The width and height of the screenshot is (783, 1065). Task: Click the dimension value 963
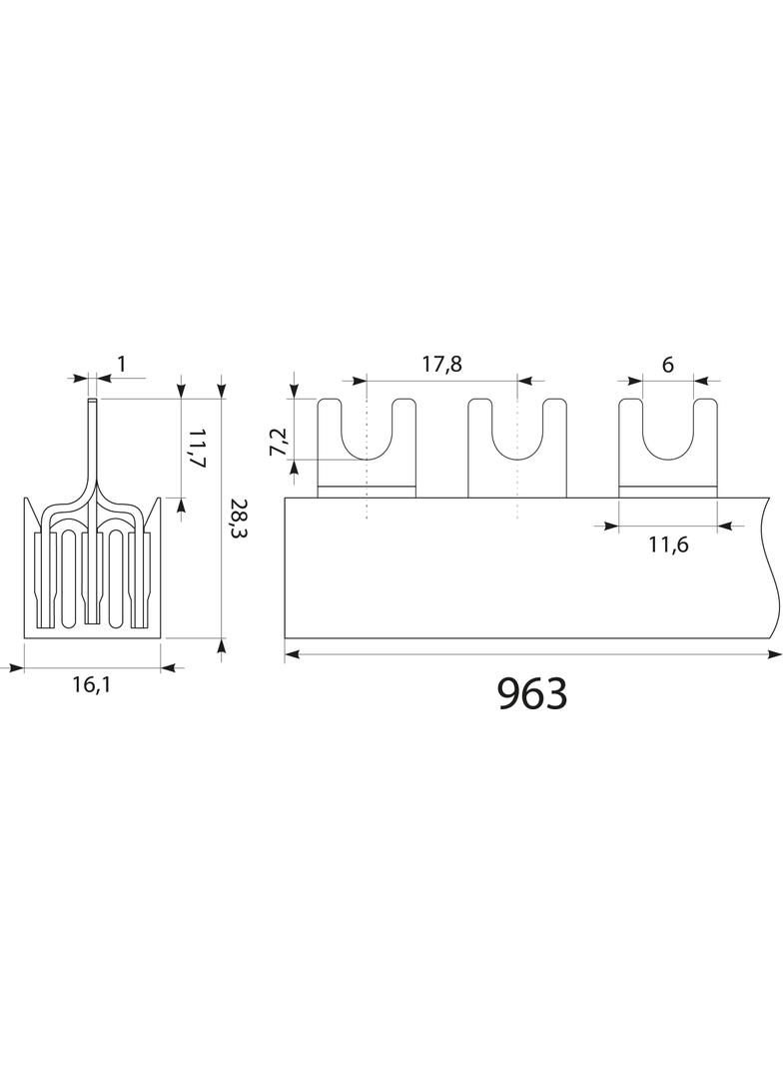[x=532, y=693]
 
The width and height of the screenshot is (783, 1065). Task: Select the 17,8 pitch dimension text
[x=441, y=364]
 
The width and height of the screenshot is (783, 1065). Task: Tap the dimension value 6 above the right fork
[x=667, y=365]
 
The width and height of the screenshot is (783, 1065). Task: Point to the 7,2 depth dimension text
[x=280, y=442]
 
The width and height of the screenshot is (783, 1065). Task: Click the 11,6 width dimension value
[x=667, y=544]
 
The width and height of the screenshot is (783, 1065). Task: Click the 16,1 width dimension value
[x=92, y=684]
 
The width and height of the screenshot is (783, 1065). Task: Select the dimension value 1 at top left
[x=122, y=365]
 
